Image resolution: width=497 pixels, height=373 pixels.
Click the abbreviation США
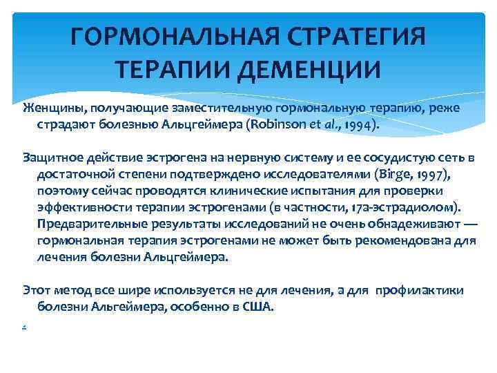coord(258,307)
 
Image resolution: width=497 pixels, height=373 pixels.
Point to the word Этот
coord(36,291)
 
